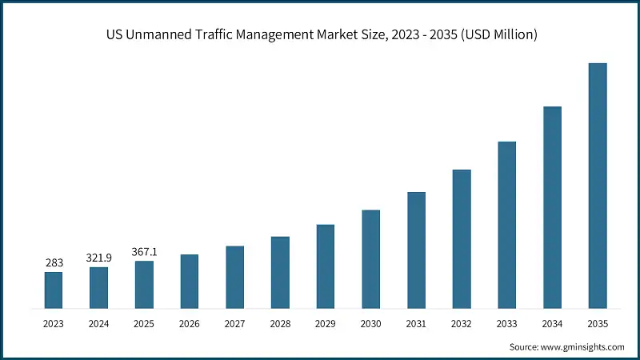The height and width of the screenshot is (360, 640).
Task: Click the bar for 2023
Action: pyautogui.click(x=53, y=290)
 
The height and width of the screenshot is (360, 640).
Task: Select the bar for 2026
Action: pyautogui.click(x=189, y=281)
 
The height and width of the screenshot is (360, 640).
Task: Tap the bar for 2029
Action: pyautogui.click(x=325, y=266)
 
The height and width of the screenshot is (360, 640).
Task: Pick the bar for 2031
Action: pyautogui.click(x=416, y=250)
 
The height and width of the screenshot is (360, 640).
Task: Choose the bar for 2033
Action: pyautogui.click(x=506, y=225)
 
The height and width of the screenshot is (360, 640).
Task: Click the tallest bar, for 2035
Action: pyautogui.click(x=598, y=186)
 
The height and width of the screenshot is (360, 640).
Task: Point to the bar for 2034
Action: pyautogui.click(x=552, y=207)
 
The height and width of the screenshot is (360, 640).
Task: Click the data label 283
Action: pyautogui.click(x=53, y=262)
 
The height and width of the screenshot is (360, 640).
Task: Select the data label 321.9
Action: pyautogui.click(x=98, y=258)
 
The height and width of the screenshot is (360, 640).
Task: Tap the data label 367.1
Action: pyautogui.click(x=144, y=251)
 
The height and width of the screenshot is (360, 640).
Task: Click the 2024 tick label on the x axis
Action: pyautogui.click(x=98, y=323)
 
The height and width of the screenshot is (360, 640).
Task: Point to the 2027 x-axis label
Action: pyautogui.click(x=234, y=323)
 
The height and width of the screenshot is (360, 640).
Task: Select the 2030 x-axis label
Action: pyautogui.click(x=370, y=323)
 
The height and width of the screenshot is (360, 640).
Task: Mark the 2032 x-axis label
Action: pyautogui.click(x=462, y=323)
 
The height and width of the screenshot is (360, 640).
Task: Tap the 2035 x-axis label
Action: pyautogui.click(x=598, y=323)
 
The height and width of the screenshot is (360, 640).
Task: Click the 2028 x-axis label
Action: pyautogui.click(x=280, y=323)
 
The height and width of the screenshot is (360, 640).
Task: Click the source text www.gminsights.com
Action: pyautogui.click(x=584, y=346)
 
